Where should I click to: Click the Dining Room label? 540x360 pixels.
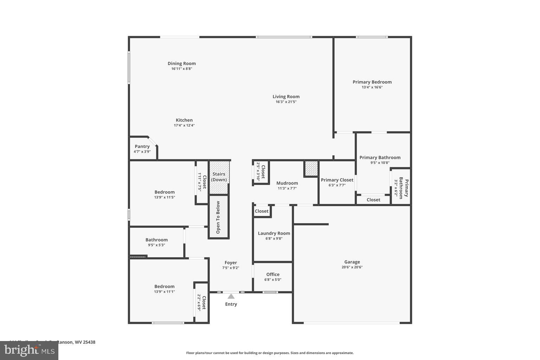coord(181,64)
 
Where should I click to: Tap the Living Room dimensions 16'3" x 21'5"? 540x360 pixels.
coord(286,102)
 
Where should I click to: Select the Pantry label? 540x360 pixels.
coord(142,147)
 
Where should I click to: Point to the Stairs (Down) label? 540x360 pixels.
coord(219,177)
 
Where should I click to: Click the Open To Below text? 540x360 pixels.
coord(218,217)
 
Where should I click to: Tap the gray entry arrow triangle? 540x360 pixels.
coord(231,296)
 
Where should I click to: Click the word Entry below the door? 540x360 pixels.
coord(231,304)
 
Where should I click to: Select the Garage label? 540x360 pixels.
coord(352,262)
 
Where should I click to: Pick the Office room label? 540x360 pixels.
coord(273,275)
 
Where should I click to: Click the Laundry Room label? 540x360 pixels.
coord(274,233)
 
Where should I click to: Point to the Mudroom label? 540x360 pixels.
coord(287,183)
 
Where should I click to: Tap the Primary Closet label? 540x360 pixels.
coord(337,180)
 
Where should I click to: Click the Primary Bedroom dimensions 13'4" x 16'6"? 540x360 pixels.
coord(372,87)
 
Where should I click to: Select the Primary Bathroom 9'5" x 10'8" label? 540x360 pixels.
coord(380,157)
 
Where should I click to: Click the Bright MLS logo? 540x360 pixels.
coord(29,350)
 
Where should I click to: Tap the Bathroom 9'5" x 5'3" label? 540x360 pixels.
coord(156,240)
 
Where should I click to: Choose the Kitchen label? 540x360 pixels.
coord(184,120)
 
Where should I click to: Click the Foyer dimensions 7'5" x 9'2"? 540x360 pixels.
coord(231,268)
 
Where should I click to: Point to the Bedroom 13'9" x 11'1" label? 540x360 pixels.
coord(165,287)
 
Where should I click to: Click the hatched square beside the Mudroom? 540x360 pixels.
coord(311,168)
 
